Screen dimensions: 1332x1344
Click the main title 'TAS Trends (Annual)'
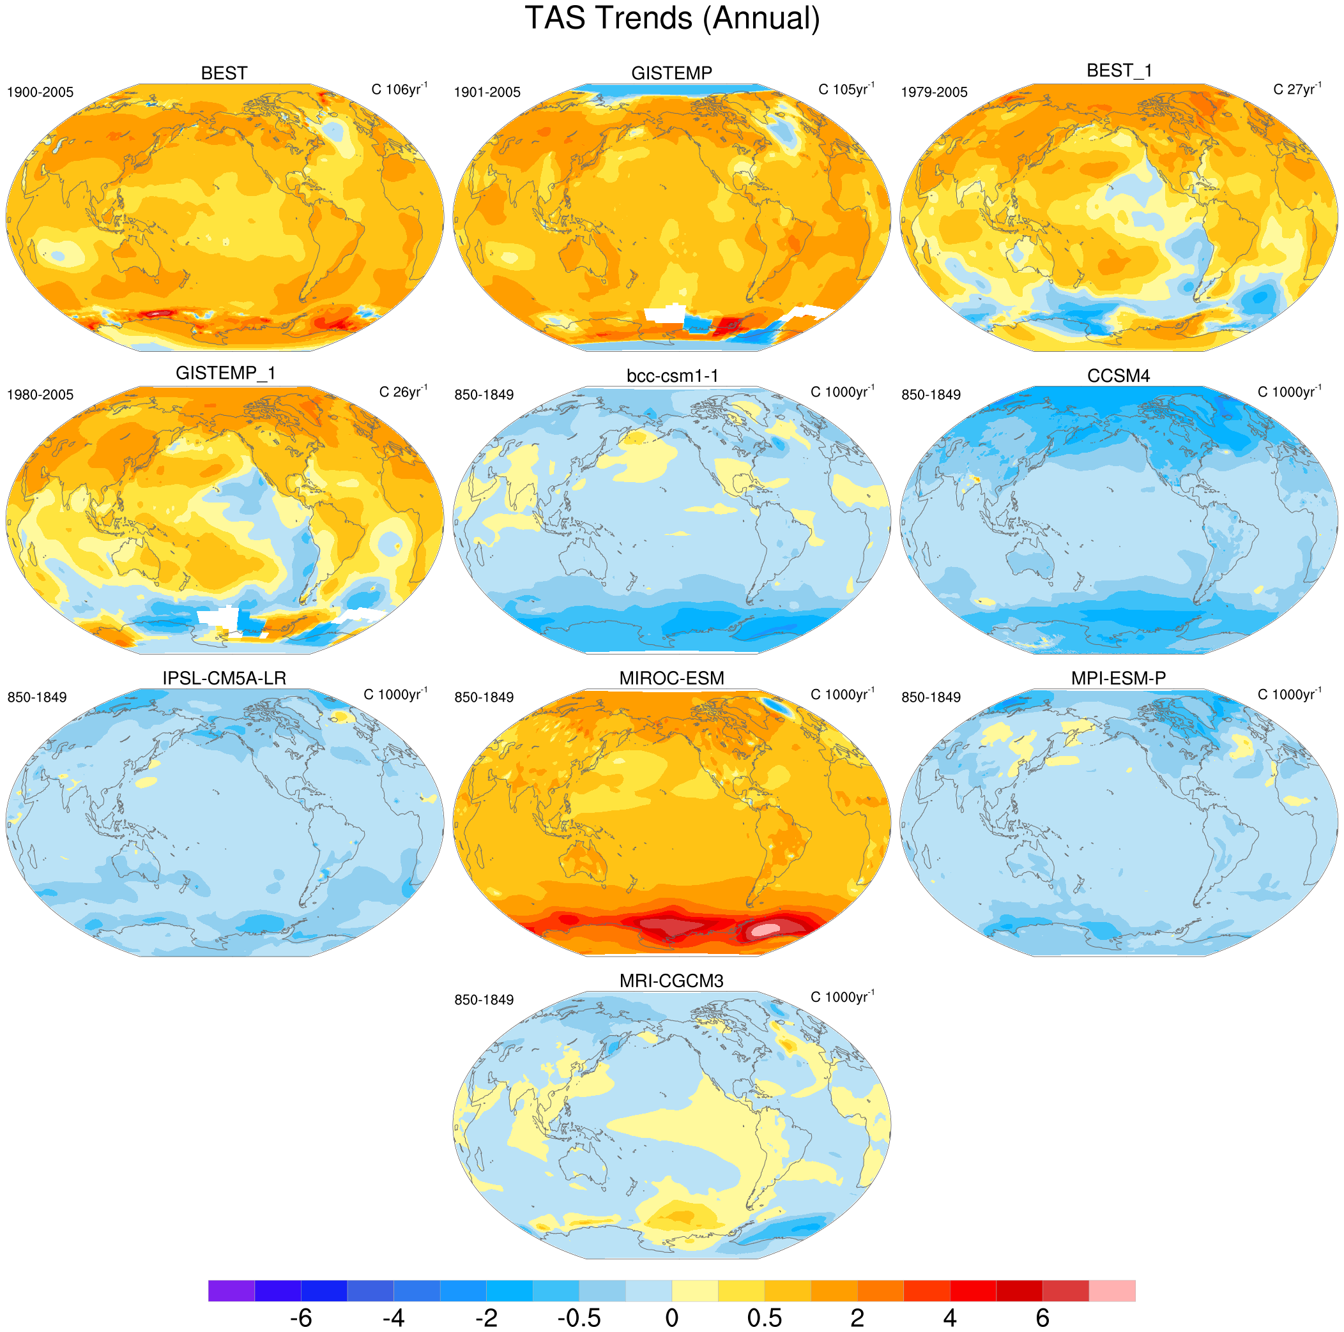(672, 19)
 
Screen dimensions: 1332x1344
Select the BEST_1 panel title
(1119, 71)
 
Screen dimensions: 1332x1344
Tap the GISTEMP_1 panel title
(225, 374)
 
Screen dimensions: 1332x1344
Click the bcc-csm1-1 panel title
(672, 376)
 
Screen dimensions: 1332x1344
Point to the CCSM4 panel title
(1119, 376)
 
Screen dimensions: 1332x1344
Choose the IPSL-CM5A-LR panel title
(224, 678)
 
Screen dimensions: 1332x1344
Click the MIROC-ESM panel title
(672, 678)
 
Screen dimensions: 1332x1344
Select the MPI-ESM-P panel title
(1119, 678)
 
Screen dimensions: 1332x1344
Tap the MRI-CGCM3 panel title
(672, 981)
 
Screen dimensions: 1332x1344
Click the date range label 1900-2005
(40, 93)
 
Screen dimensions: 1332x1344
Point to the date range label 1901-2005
(487, 93)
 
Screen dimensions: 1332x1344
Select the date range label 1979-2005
(935, 93)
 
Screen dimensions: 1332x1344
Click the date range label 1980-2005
(40, 395)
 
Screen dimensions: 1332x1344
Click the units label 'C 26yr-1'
(404, 391)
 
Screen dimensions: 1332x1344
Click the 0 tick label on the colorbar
(672, 1317)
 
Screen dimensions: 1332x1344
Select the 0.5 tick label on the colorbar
(765, 1317)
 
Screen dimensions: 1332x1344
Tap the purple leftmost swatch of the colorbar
(232, 1290)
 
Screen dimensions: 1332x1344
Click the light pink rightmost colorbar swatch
(1111, 1290)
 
